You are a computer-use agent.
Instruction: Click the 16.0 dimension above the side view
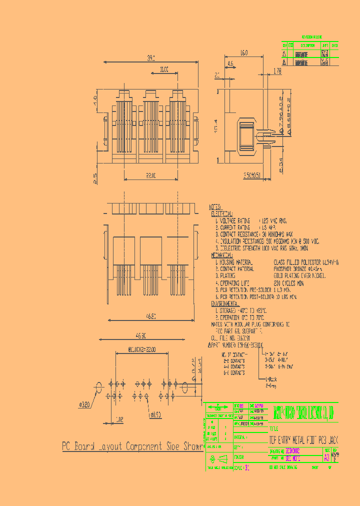[x=243, y=52]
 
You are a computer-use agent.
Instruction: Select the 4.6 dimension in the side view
[x=230, y=64]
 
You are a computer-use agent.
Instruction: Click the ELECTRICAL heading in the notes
[x=223, y=212]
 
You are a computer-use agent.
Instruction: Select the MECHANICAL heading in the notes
[x=224, y=255]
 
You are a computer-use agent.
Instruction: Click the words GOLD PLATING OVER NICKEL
[x=298, y=275]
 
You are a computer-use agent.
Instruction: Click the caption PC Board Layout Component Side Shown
[x=132, y=446]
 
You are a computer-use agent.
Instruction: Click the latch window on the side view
[x=247, y=136]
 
